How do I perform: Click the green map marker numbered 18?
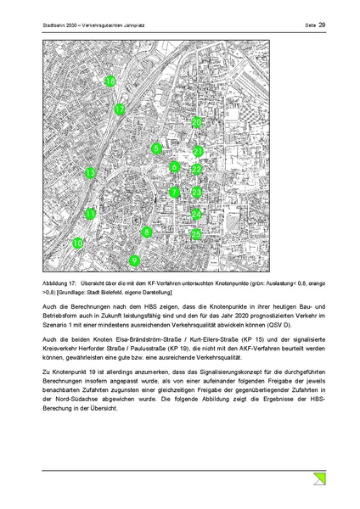pyautogui.click(x=110, y=81)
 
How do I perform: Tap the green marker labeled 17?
pyautogui.click(x=120, y=109)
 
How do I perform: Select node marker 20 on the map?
pyautogui.click(x=197, y=123)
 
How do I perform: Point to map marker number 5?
pyautogui.click(x=156, y=149)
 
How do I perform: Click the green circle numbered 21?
pyautogui.click(x=198, y=152)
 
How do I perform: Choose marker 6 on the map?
pyautogui.click(x=174, y=167)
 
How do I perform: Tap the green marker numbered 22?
pyautogui.click(x=196, y=170)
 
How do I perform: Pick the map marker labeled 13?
pyautogui.click(x=90, y=173)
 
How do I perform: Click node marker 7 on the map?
pyautogui.click(x=174, y=193)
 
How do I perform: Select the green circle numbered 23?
pyautogui.click(x=196, y=193)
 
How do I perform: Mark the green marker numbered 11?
pyautogui.click(x=90, y=215)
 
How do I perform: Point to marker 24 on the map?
pyautogui.click(x=196, y=214)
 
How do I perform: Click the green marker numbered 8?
pyautogui.click(x=147, y=232)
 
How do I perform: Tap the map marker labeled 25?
pyautogui.click(x=196, y=233)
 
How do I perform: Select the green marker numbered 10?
pyautogui.click(x=78, y=243)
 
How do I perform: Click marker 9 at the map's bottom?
pyautogui.click(x=134, y=260)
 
